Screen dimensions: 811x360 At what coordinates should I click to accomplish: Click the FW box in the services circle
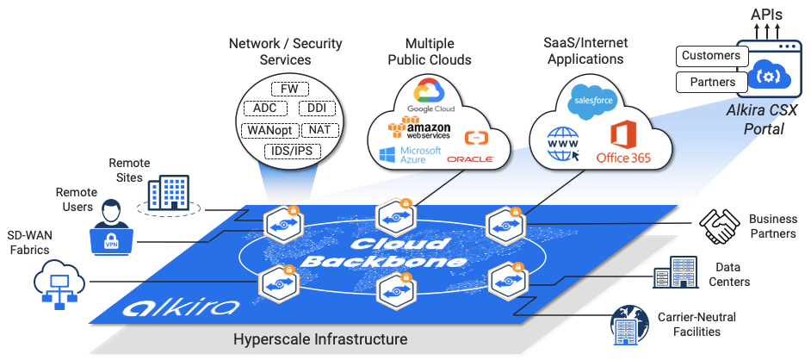pos(289,89)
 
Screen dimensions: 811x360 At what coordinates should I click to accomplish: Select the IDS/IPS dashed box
pos(292,152)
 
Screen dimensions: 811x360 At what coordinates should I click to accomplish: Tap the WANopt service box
pos(270,130)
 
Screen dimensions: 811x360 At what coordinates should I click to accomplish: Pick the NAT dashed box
pos(319,130)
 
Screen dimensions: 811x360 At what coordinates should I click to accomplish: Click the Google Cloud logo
pos(430,96)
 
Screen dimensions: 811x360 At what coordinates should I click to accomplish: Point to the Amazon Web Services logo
pos(420,127)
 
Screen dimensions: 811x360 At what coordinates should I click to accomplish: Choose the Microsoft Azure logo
pos(410,155)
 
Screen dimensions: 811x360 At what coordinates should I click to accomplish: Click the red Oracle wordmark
pos(470,159)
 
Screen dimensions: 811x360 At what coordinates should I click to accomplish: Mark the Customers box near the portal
pos(712,56)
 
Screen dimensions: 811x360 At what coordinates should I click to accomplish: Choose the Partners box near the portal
pos(712,82)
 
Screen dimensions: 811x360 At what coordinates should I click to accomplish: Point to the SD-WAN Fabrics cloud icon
pos(59,283)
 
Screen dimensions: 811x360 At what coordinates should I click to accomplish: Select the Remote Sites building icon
pos(169,195)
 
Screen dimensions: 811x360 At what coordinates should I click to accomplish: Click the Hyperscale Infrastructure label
pos(320,340)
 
